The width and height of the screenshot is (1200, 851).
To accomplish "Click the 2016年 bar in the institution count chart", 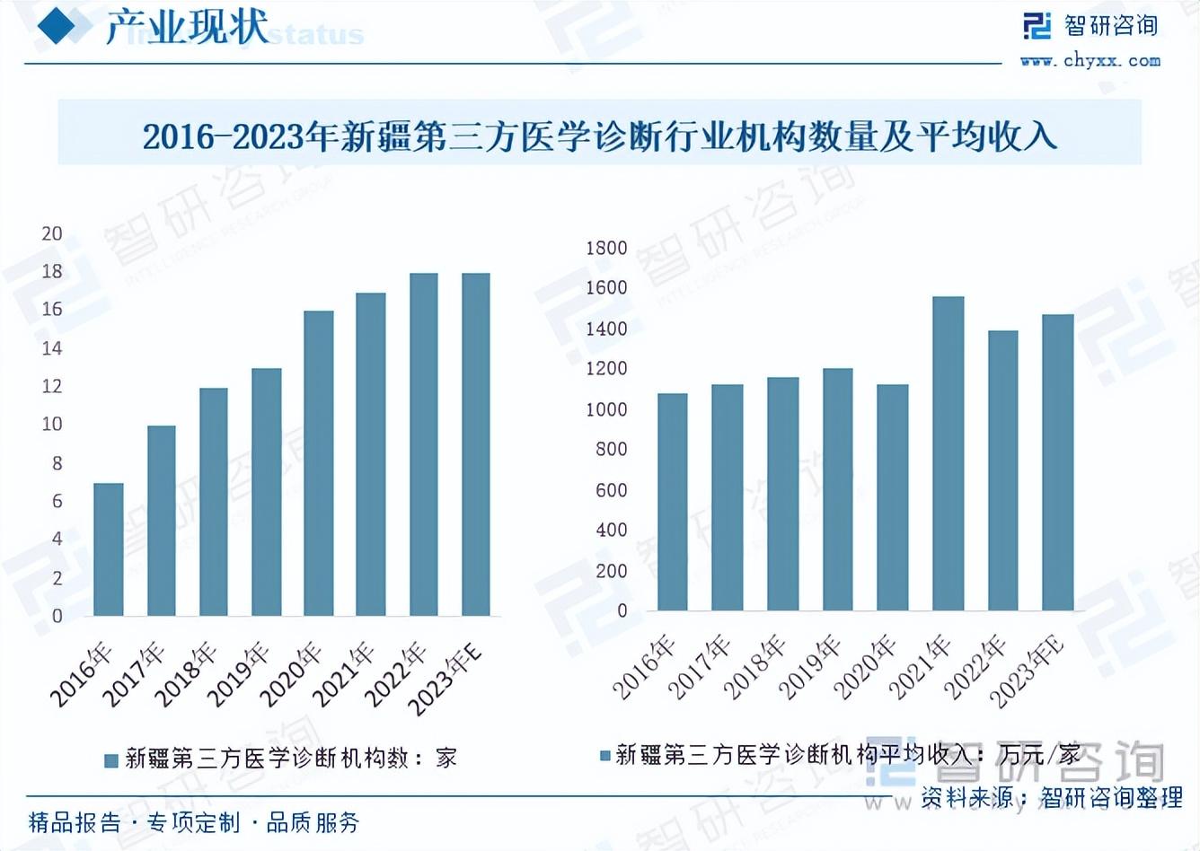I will (x=109, y=549).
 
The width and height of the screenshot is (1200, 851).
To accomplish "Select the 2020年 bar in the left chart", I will (x=319, y=463).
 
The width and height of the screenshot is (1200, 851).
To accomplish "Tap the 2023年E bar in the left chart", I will (x=476, y=444).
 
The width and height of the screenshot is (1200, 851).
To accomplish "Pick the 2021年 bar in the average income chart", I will (x=949, y=453).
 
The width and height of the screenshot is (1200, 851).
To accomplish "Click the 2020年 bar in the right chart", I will (x=893, y=497).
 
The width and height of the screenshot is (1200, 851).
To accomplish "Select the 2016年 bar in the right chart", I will (x=673, y=502).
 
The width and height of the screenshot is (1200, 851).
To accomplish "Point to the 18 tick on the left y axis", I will (x=52, y=271).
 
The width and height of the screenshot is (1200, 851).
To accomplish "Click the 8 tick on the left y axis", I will (x=57, y=463).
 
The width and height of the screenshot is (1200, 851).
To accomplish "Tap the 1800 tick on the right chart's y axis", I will (x=606, y=248).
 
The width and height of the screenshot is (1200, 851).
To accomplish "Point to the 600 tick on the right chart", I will (x=611, y=490).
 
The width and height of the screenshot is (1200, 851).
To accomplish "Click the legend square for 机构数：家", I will (x=111, y=760).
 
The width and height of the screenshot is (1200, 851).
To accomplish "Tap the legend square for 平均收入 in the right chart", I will (x=605, y=755).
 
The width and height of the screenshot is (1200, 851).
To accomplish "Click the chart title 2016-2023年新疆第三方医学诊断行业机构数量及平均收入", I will (x=599, y=136).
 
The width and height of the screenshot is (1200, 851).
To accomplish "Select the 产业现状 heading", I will (x=187, y=29).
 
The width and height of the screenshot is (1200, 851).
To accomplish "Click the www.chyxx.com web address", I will (x=1090, y=61).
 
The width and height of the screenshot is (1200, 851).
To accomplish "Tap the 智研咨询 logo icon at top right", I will (x=1037, y=26).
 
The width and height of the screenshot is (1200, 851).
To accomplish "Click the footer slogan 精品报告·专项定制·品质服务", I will (x=194, y=822).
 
